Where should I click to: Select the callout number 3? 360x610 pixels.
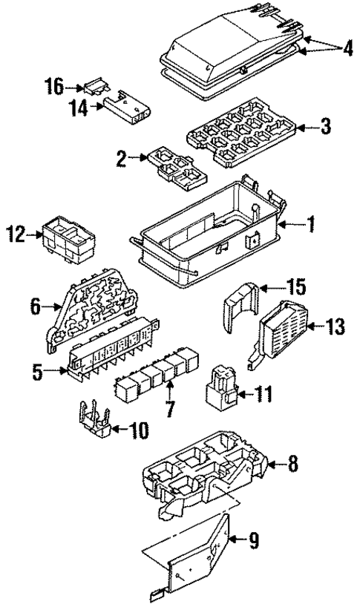[x=324, y=126]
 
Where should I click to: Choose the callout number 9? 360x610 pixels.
[x=252, y=542]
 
